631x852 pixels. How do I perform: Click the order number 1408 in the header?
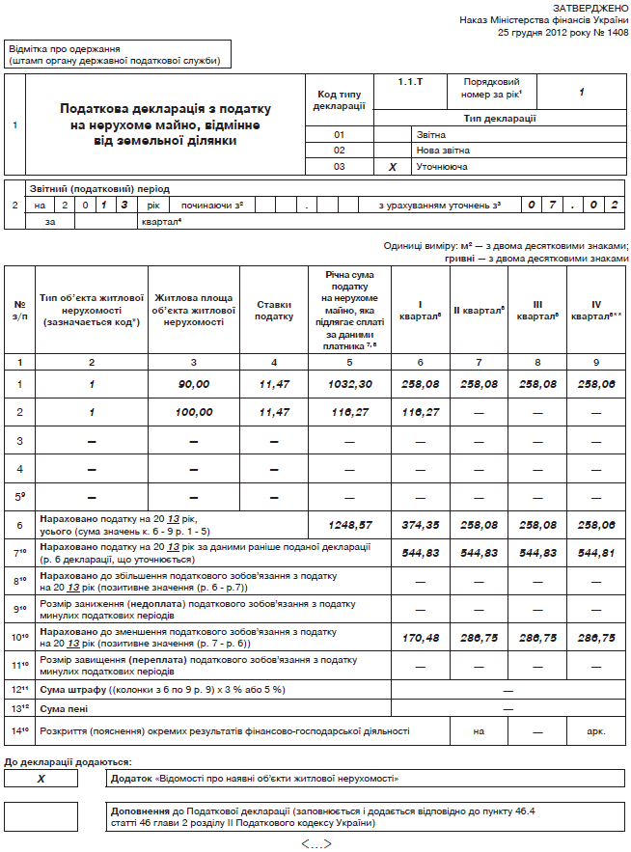pos(615,32)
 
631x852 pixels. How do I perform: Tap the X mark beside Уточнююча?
pos(393,166)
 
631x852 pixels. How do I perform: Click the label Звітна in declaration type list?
pos(430,134)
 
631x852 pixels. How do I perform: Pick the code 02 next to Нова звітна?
pos(339,151)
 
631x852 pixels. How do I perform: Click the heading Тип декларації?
pos(500,119)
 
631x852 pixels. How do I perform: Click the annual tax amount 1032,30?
pos(350,384)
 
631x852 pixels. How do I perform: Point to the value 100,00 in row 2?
pos(195,412)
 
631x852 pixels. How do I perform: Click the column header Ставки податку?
pos(274,310)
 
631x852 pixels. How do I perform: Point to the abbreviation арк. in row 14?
pos(595,731)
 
